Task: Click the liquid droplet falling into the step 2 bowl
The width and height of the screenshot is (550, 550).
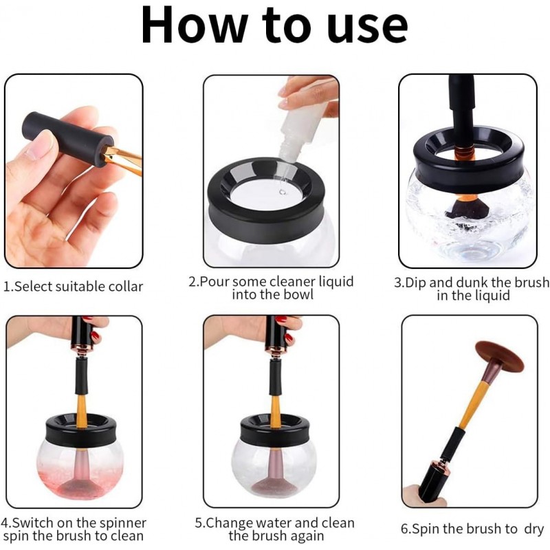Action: point(283,192)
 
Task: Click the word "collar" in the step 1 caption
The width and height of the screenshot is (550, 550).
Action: point(126,287)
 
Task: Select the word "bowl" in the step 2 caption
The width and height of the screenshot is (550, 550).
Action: point(298,295)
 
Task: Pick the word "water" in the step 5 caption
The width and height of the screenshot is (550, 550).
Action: point(274,523)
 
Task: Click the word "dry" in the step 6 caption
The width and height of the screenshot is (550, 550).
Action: point(534,529)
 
